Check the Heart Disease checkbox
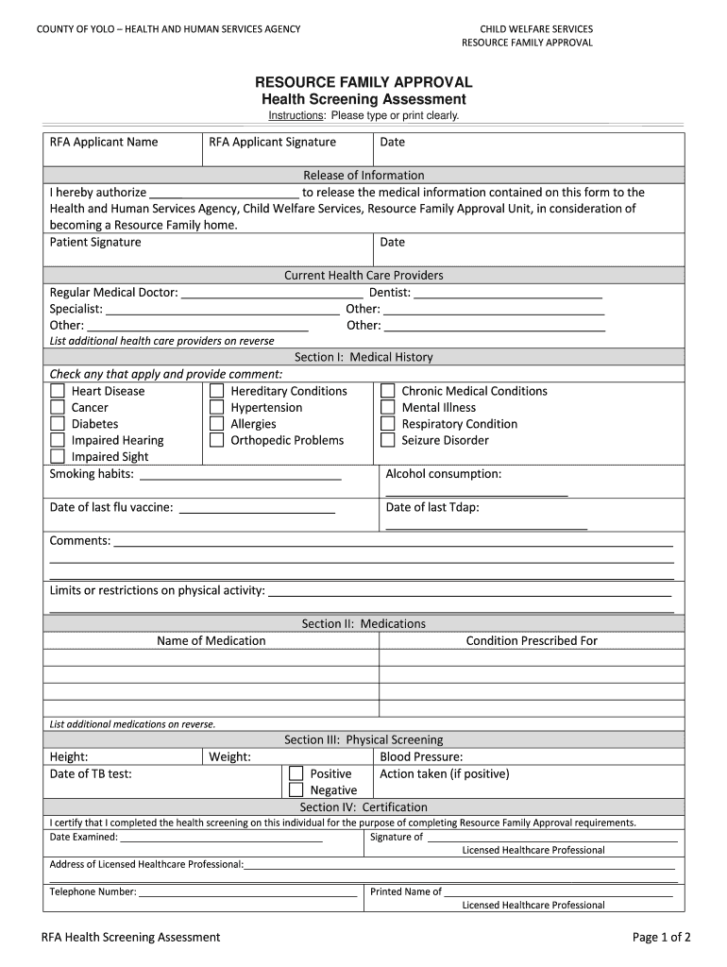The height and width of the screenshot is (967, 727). click(58, 391)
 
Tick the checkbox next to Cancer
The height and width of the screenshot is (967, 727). click(58, 408)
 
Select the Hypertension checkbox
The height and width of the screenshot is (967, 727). click(217, 408)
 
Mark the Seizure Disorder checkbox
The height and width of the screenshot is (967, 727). click(387, 440)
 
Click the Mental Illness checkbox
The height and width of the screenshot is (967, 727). click(387, 408)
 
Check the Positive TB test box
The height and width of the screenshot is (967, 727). click(296, 773)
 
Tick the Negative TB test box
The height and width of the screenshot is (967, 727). click(296, 790)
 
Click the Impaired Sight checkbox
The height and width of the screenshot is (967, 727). click(58, 457)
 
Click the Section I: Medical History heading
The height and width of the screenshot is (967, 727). click(363, 357)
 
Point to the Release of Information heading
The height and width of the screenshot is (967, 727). click(363, 175)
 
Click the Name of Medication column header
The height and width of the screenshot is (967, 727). click(211, 640)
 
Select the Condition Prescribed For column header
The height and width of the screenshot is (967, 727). click(532, 640)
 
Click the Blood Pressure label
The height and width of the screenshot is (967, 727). click(421, 756)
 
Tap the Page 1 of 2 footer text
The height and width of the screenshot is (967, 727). click(661, 937)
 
